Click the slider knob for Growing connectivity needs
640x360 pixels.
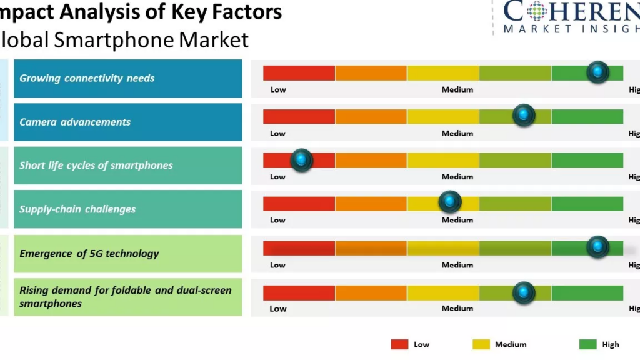(598, 72)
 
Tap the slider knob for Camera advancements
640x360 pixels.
(524, 116)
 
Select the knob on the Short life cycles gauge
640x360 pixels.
(302, 160)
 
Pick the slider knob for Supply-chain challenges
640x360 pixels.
(449, 201)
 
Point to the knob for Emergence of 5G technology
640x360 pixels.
(598, 247)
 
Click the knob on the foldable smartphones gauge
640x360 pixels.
(524, 292)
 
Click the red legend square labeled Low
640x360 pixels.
(399, 344)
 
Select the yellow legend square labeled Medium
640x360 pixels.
(481, 344)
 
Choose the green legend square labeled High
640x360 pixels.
(588, 344)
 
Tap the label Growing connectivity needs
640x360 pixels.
(87, 78)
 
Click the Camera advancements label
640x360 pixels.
(75, 122)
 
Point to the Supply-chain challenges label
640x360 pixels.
(77, 209)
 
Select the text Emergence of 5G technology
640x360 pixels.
(89, 254)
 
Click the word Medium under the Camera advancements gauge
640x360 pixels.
(457, 133)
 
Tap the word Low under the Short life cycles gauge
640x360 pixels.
(278, 177)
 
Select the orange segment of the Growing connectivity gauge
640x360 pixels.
(371, 73)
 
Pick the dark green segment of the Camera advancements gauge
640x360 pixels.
(587, 117)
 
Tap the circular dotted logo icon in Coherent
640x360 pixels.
(537, 11)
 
